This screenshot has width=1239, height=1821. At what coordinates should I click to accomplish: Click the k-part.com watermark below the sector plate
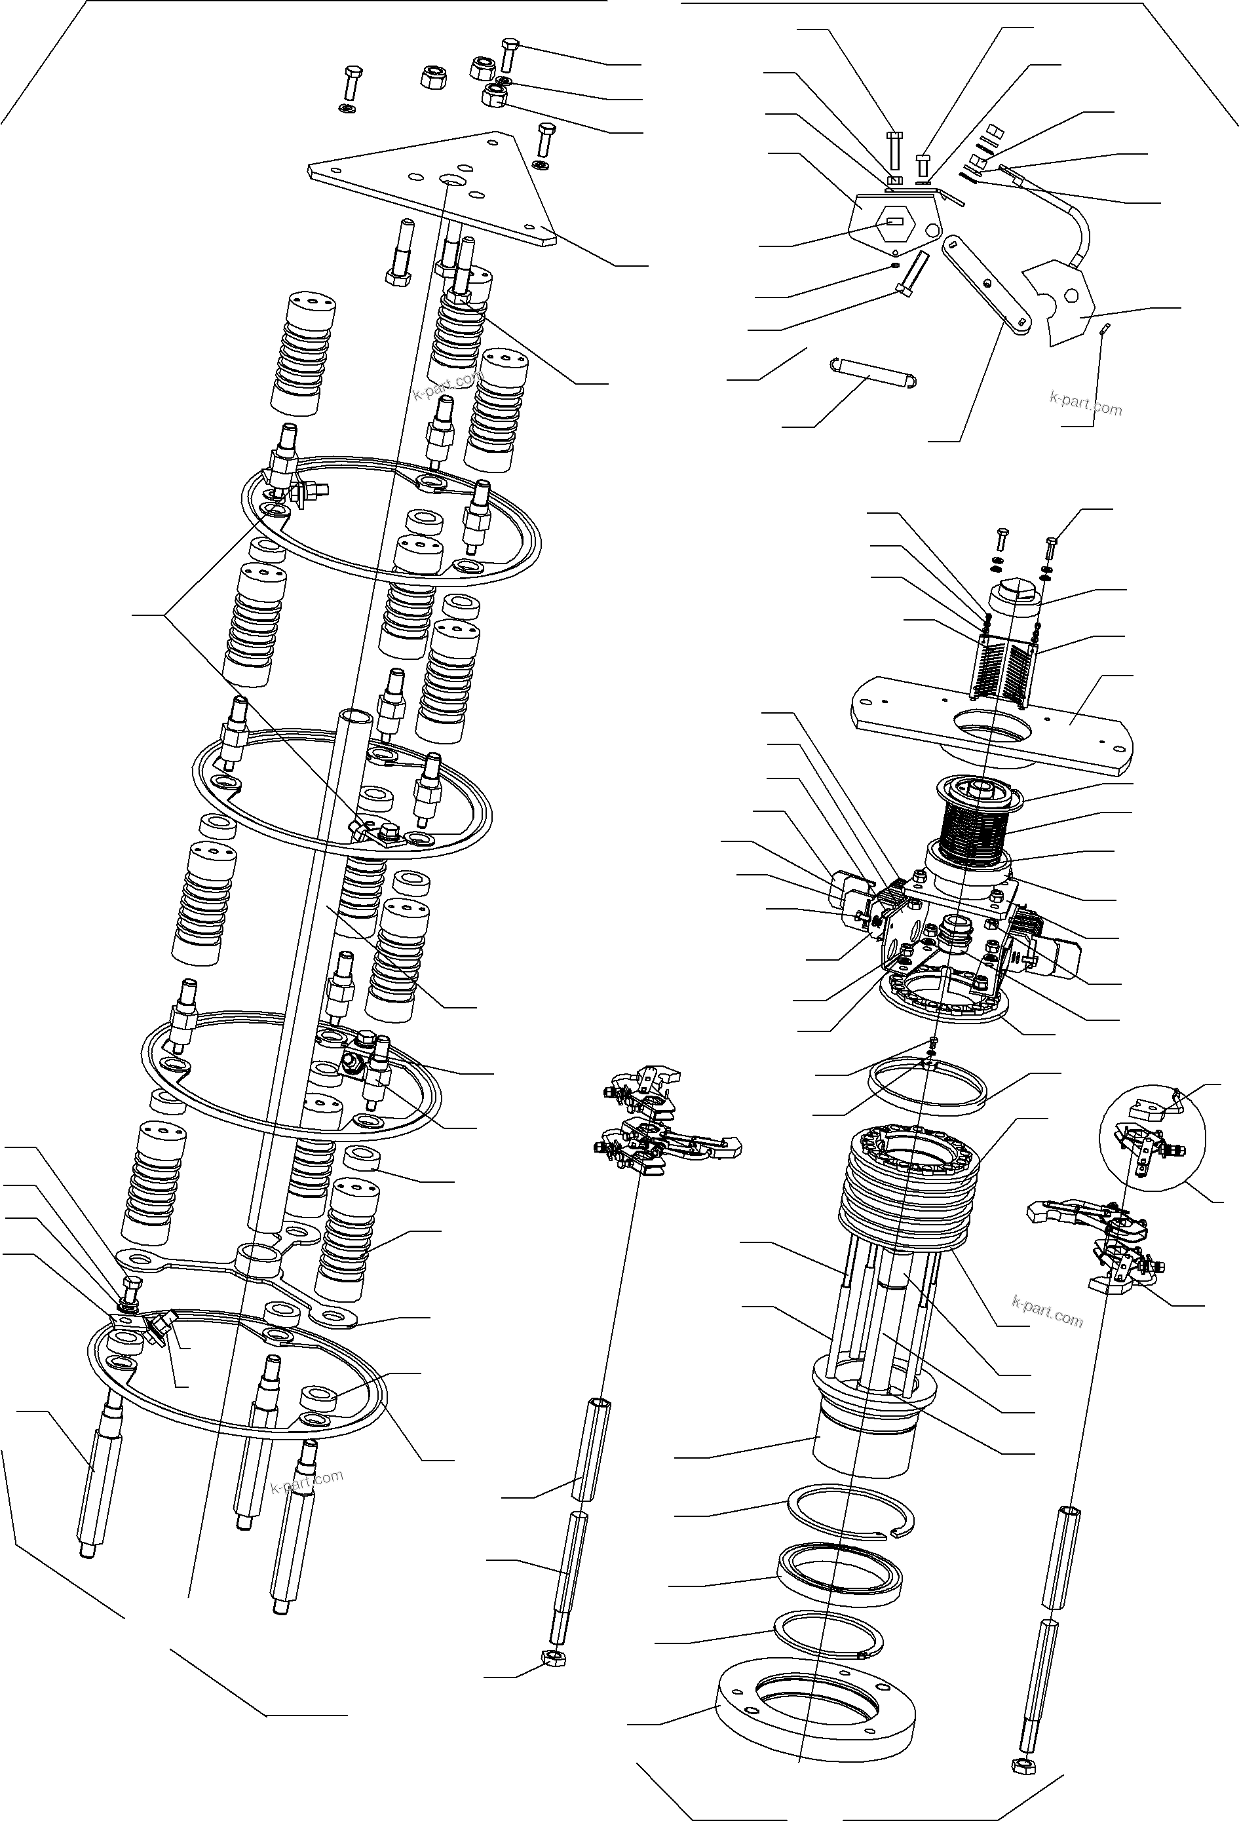pos(1086,404)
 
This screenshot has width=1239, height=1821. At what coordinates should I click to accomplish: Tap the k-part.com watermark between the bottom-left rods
pos(307,1481)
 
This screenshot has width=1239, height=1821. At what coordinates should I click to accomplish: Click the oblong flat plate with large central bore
pos(991,719)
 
